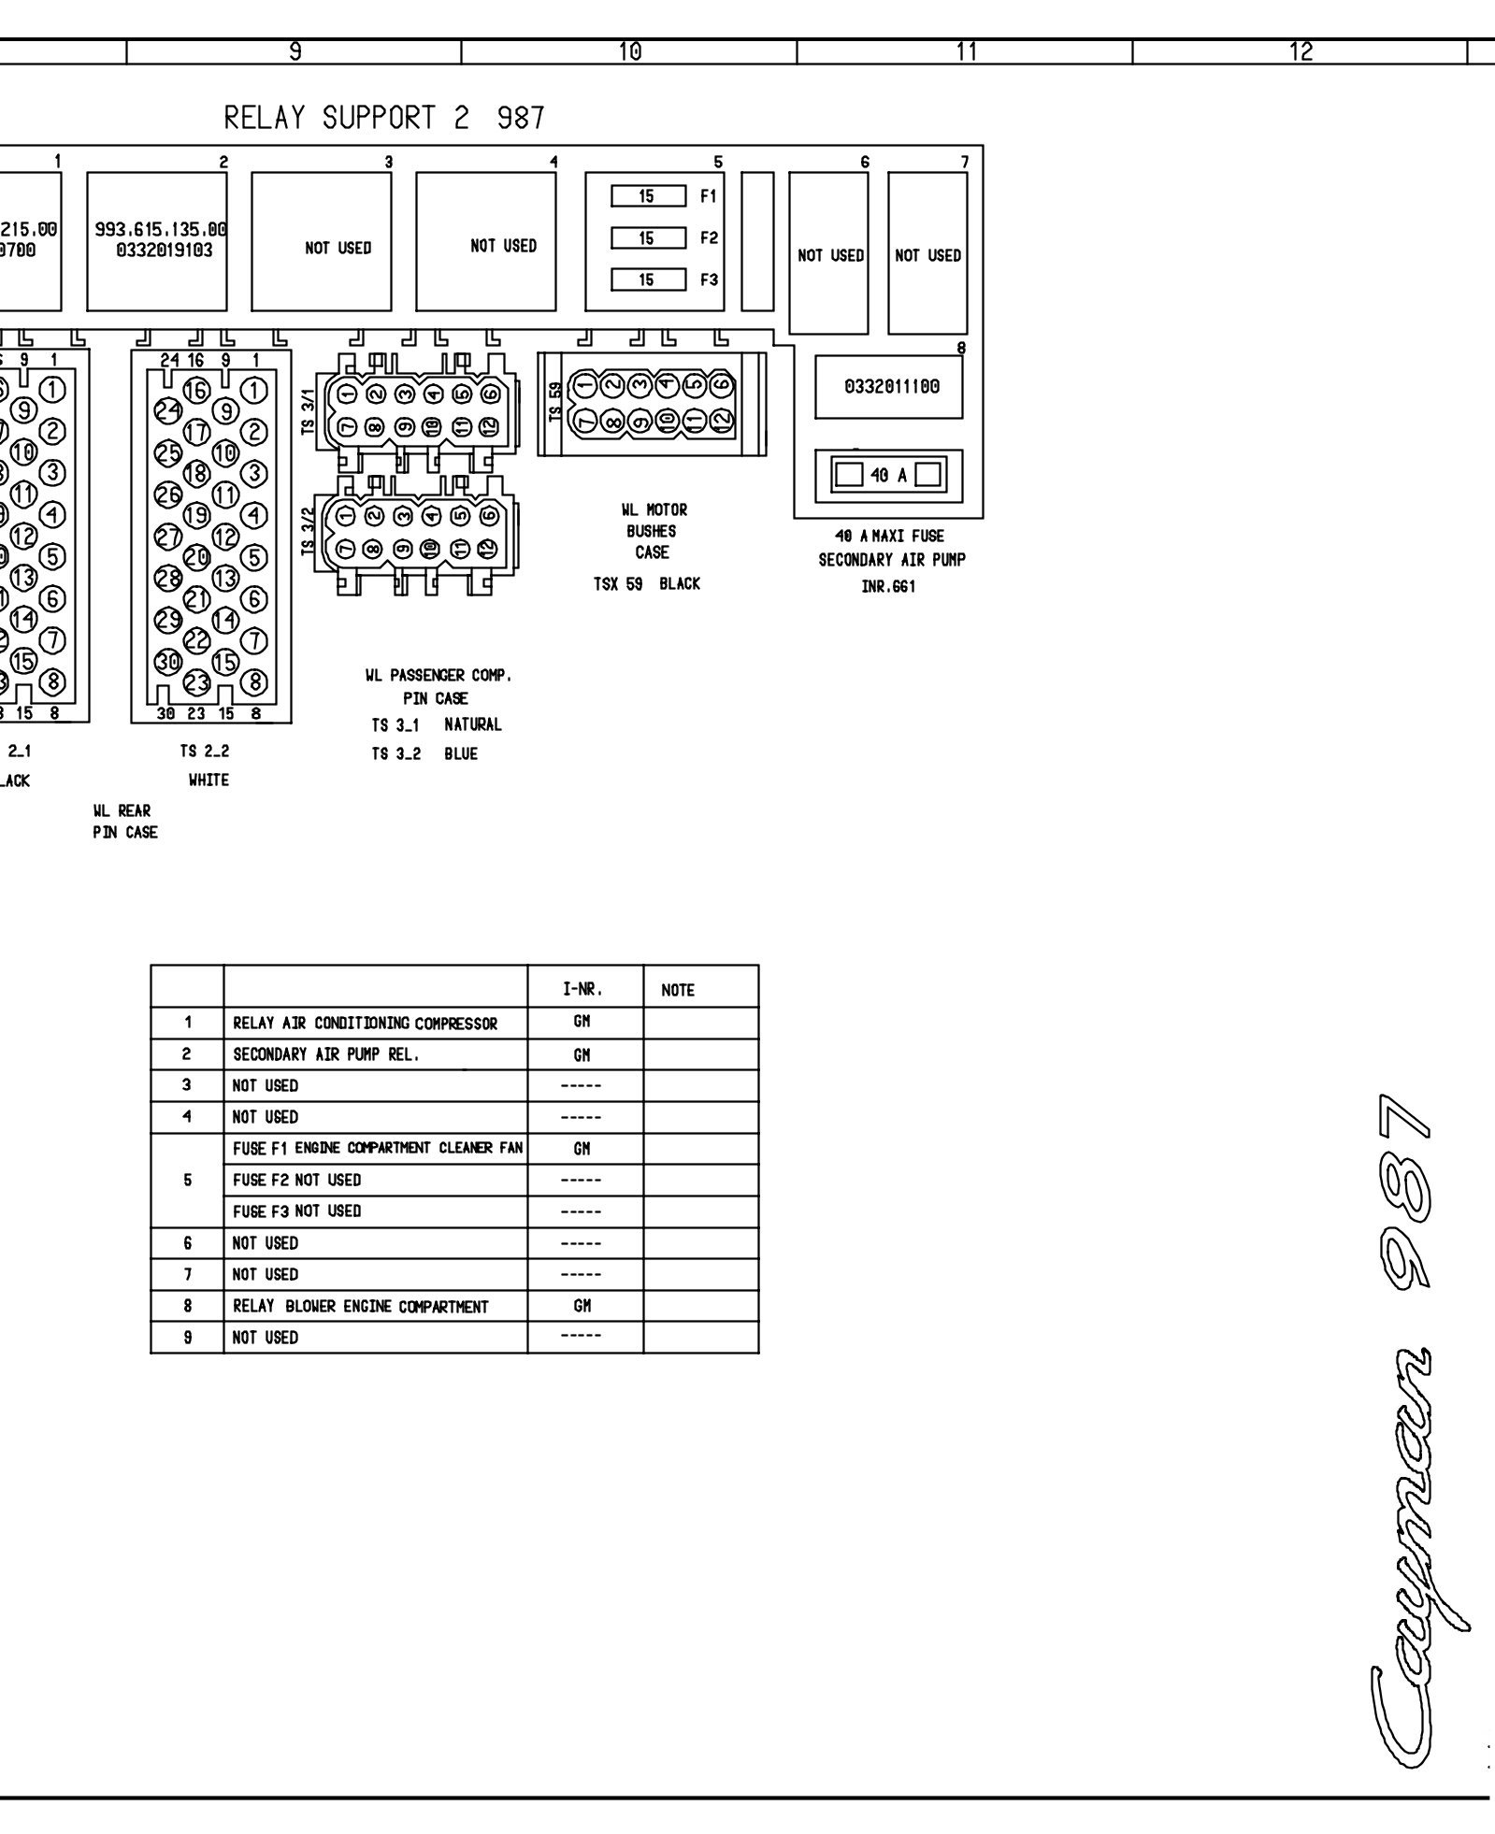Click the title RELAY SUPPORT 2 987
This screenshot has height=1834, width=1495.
(384, 119)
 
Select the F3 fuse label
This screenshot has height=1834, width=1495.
(710, 279)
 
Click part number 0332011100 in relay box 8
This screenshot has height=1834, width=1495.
(891, 386)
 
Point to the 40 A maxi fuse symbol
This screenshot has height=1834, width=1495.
(888, 475)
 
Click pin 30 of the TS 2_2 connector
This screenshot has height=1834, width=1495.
(168, 662)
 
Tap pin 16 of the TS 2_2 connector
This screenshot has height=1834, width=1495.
(196, 391)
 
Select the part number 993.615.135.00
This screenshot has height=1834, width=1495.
(162, 229)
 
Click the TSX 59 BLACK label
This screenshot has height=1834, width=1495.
(647, 584)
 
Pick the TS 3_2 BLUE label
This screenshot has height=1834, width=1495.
(424, 754)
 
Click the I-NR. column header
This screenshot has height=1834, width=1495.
(582, 989)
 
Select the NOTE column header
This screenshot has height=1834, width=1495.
(678, 991)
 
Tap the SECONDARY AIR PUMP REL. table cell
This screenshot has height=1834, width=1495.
(326, 1054)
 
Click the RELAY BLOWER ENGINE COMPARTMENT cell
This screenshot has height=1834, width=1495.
(361, 1307)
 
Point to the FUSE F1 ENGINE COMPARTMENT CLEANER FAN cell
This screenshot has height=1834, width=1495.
(378, 1148)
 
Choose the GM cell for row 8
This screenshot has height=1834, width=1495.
(582, 1306)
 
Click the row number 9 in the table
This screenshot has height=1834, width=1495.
(188, 1338)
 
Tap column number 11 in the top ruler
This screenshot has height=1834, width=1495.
(966, 52)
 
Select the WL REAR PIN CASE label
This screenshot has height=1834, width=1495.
(124, 822)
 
